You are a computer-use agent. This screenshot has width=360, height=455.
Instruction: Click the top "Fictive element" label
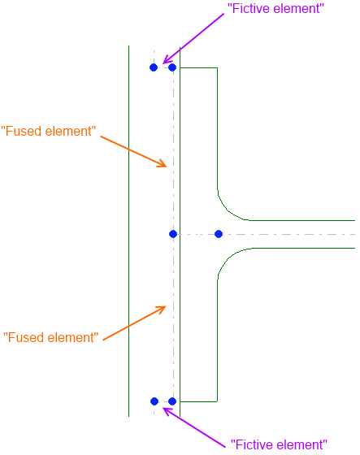click(275, 8)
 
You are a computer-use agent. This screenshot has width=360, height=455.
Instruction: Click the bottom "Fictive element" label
click(279, 444)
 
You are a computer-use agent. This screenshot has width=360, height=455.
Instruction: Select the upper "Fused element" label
click(49, 131)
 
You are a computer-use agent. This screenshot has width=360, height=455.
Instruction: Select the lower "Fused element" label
click(51, 337)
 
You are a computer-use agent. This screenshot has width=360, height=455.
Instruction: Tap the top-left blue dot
click(154, 67)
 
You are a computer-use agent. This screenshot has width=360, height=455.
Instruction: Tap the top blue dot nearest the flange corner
click(172, 67)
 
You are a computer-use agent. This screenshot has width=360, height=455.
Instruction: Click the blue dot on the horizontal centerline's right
click(219, 234)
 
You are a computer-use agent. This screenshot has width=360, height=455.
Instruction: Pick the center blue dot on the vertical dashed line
click(173, 234)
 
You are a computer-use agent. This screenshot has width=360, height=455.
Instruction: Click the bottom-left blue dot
click(154, 401)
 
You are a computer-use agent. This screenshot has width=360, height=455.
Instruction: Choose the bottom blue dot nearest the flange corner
click(172, 401)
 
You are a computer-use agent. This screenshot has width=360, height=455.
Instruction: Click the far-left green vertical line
click(128, 231)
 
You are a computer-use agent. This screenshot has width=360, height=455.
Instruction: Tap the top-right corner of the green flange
click(217, 68)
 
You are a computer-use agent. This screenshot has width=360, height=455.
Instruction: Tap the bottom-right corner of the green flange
click(217, 401)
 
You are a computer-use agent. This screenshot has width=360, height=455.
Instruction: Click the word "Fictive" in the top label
click(249, 8)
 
